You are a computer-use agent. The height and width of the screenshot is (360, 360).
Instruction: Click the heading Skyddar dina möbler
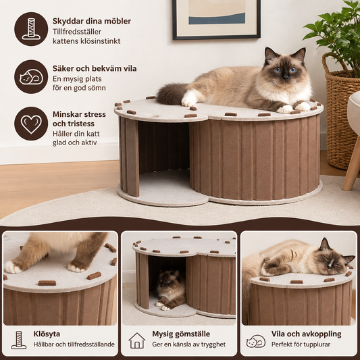click(92, 21)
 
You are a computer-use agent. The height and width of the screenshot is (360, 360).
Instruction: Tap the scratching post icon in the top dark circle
click(31, 29)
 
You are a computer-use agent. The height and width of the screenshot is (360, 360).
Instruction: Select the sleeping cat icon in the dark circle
click(31, 77)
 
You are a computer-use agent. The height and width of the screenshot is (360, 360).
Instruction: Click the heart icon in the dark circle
click(31, 124)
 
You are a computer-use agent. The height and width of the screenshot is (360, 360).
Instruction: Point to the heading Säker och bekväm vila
click(95, 68)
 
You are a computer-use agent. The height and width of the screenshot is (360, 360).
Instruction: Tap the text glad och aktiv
click(74, 143)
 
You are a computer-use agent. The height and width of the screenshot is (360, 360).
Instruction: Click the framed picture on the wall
click(217, 20)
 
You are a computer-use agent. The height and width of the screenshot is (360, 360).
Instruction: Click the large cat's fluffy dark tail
click(172, 94)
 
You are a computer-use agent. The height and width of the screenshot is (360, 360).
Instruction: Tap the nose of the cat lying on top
click(286, 78)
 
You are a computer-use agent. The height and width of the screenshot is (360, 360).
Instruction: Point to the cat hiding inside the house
click(171, 290)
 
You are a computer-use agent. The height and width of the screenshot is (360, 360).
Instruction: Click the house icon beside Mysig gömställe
click(137, 341)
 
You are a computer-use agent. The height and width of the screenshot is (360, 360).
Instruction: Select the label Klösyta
click(47, 334)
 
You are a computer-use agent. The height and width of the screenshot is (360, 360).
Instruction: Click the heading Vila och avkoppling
click(306, 334)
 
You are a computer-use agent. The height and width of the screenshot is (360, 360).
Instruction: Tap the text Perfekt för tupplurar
click(301, 344)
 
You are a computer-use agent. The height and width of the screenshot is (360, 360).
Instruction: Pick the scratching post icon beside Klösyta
click(19, 340)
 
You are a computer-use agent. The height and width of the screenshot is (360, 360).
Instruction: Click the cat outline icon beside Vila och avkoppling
click(256, 341)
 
